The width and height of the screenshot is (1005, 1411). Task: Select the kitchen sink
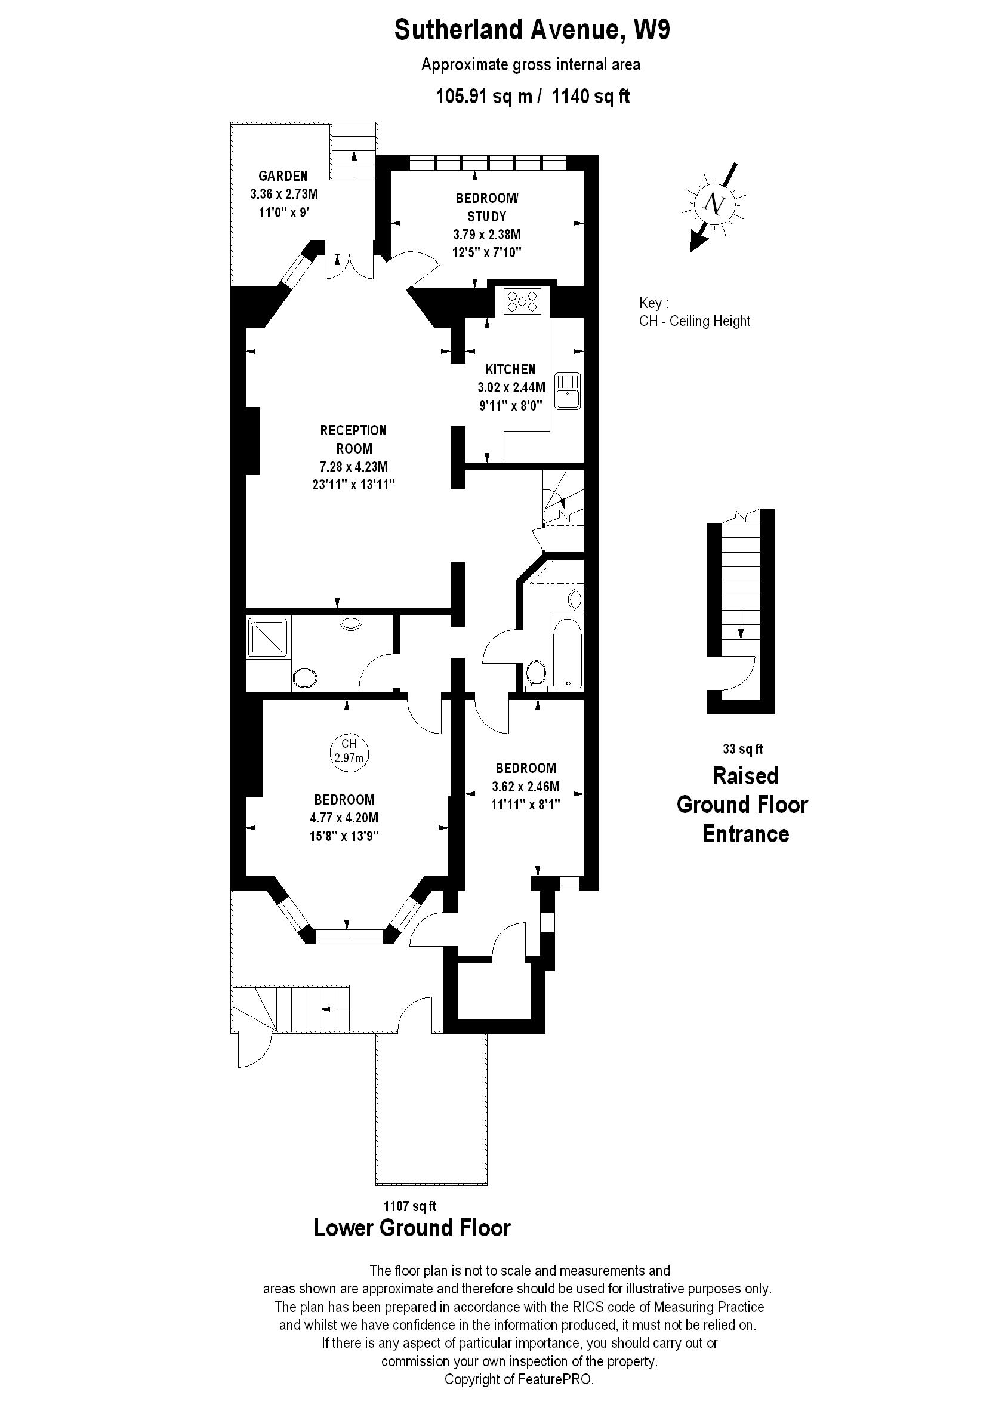(567, 390)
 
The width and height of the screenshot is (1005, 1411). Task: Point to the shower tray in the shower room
(267, 637)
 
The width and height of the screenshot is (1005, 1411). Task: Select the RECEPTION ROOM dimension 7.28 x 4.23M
(353, 467)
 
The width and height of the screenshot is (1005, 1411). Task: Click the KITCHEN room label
(510, 369)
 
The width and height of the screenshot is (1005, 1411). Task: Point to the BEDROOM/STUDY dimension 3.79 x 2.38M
(487, 235)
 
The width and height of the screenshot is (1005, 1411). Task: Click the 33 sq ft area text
(742, 749)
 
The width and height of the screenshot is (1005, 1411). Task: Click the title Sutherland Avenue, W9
(532, 30)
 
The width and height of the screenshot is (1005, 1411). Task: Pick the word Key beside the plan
(653, 303)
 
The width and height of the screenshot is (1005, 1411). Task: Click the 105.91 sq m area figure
(483, 97)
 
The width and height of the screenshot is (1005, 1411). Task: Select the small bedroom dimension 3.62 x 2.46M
(525, 787)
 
